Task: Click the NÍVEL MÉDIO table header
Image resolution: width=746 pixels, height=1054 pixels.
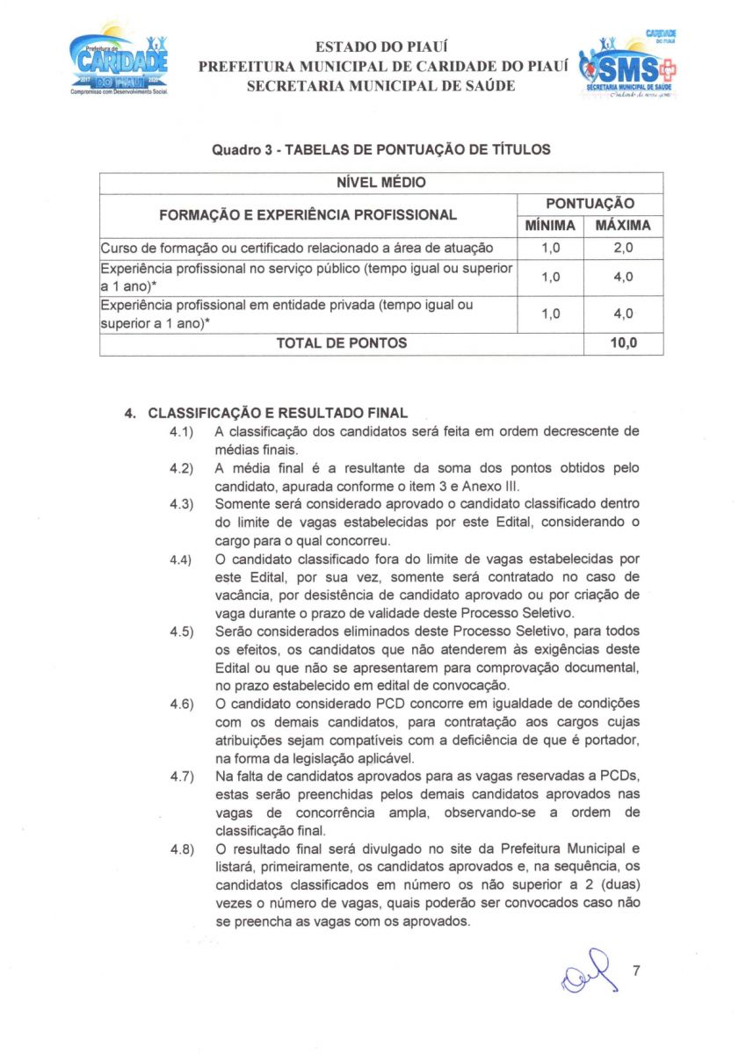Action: [x=381, y=183]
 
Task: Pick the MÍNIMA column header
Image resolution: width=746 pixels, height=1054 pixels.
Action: [x=550, y=226]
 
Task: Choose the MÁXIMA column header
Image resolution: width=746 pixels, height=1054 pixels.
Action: [x=623, y=226]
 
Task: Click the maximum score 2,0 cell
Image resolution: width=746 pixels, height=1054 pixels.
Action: [x=623, y=249]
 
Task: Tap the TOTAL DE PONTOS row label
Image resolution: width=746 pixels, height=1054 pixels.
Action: [x=341, y=343]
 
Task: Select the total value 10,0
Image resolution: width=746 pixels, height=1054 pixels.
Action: [x=623, y=343]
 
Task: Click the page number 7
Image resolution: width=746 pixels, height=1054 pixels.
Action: [x=637, y=971]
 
